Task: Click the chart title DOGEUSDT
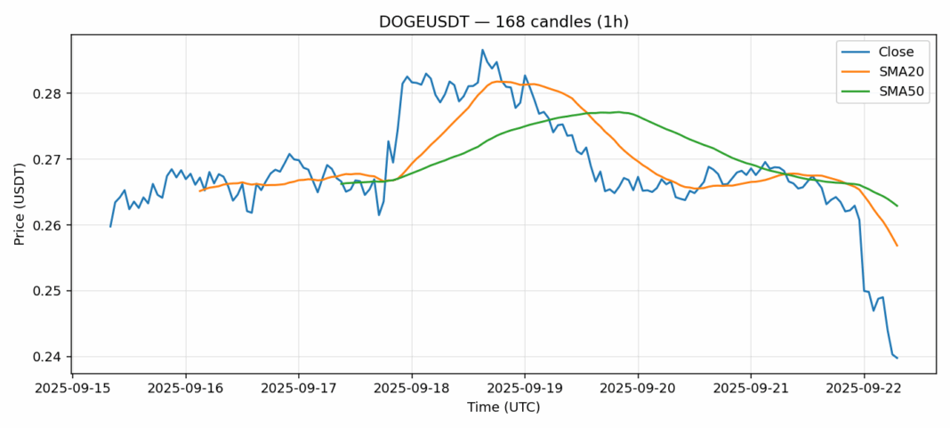pos(503,21)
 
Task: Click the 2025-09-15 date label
pos(73,389)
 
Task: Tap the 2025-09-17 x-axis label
pos(299,389)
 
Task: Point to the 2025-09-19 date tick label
pos(525,389)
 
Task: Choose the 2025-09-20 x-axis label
pos(638,389)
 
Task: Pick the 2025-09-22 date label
pos(865,389)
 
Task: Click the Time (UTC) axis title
pos(503,408)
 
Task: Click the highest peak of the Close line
pos(482,50)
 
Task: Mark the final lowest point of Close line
pos(897,358)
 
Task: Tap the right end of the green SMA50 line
pos(897,206)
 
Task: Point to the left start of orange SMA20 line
pos(200,190)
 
